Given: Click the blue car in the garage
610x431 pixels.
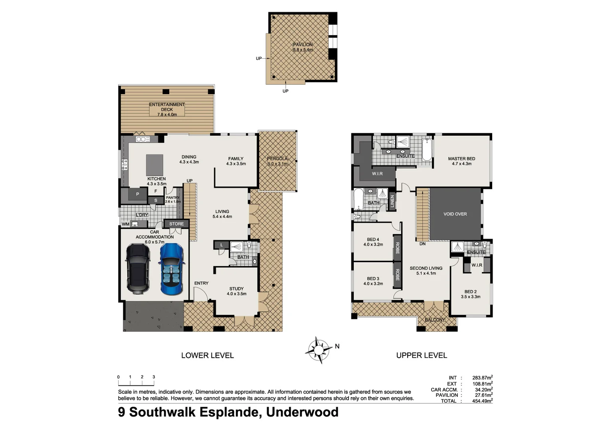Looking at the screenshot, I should tap(172, 269).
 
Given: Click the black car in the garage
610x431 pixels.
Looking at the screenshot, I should tap(138, 269).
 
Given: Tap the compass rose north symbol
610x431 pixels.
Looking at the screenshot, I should tap(319, 350).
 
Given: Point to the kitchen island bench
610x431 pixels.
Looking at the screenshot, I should tap(154, 165).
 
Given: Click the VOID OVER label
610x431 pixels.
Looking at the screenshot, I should tap(455, 214).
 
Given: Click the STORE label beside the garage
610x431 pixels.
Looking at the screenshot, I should tap(176, 224).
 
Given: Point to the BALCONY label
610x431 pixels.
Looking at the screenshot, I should tap(434, 320).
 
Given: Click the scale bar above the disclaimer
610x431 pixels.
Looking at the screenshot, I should tap(136, 384).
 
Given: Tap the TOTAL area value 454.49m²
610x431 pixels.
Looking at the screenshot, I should tap(482, 401).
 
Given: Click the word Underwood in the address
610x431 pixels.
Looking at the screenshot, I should tap(302, 412).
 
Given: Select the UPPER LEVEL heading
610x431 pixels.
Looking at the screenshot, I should tap(422, 355).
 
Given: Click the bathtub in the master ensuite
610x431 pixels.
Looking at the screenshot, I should tap(427, 150).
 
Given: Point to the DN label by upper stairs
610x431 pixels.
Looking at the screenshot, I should tap(422, 244).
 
